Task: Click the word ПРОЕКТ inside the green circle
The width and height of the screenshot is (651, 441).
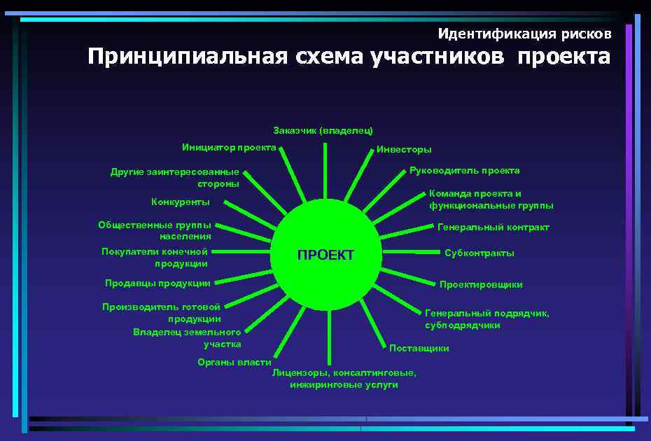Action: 325,255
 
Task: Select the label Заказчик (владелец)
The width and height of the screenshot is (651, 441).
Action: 323,131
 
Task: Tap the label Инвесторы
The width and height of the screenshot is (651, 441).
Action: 404,150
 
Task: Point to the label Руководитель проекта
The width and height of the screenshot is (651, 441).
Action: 465,171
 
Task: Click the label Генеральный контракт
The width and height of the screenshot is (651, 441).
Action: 493,227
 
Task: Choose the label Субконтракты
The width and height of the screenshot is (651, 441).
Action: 479,253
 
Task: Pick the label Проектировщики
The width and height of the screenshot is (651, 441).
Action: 481,285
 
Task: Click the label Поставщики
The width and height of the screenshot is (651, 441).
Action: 419,349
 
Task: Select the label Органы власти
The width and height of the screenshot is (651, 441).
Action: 234,362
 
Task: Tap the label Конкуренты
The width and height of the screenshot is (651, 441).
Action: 181,202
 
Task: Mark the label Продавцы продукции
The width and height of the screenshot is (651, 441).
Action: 157,283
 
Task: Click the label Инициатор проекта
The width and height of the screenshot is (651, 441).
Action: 229,148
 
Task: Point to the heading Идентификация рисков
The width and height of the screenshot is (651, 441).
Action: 524,34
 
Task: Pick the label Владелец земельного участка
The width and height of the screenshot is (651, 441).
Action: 188,338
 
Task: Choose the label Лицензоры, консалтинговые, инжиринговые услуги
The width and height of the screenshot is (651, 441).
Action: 344,379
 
